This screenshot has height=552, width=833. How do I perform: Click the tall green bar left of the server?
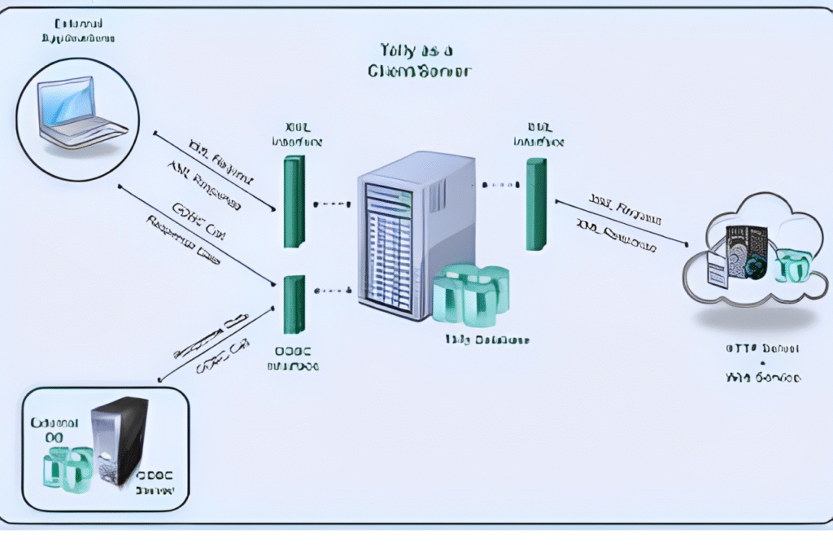coord(294,201)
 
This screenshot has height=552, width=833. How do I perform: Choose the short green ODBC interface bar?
coord(294,304)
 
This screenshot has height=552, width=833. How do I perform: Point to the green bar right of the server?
coord(535,204)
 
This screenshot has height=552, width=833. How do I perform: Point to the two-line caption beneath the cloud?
coord(761,363)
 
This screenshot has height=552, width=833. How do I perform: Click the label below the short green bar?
coord(293,358)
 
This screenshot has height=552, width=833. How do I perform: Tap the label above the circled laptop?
coord(77,31)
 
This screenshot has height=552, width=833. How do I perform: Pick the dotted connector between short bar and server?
coord(331,289)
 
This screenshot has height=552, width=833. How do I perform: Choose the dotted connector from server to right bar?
coord(500,185)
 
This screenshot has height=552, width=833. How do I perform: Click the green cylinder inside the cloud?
coord(790,266)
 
